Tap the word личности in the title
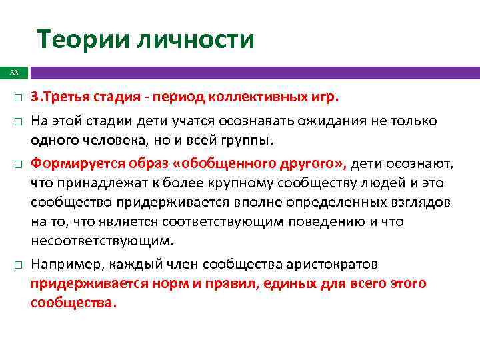coord(195,39)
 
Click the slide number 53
coord(14,73)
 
